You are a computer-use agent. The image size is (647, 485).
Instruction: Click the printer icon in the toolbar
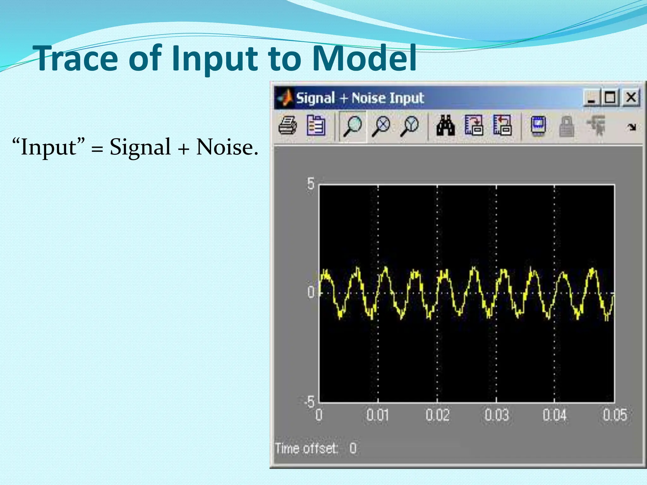click(287, 126)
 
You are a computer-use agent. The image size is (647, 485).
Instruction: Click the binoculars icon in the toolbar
click(445, 126)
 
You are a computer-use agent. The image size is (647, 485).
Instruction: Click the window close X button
click(631, 97)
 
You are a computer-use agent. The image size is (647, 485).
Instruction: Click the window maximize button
click(610, 97)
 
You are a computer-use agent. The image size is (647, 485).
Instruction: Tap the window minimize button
click(591, 97)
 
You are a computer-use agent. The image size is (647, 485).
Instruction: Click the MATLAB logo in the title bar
click(285, 98)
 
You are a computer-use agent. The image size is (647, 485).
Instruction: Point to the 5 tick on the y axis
click(311, 183)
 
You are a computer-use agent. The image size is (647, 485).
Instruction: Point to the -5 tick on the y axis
click(310, 402)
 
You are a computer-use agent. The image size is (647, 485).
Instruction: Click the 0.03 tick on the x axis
click(497, 415)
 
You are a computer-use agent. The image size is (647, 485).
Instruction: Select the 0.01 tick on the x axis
click(378, 415)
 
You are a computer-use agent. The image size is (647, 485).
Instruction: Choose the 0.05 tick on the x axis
click(614, 415)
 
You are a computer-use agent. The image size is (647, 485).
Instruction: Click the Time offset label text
click(306, 448)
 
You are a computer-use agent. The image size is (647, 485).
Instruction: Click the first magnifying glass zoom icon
click(352, 126)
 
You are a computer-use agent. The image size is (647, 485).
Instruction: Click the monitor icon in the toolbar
click(538, 126)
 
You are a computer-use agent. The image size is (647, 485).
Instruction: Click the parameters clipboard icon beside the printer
click(316, 126)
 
